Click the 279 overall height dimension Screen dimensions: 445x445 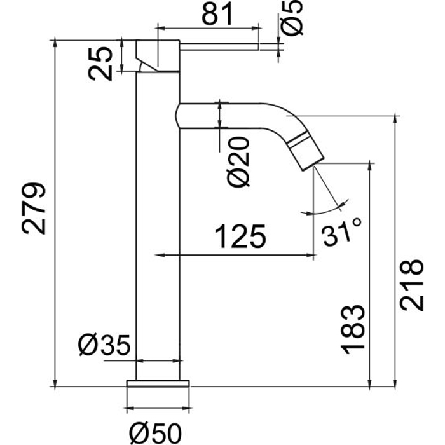34,209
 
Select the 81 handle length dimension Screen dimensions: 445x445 218,13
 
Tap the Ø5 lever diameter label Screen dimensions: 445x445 292,18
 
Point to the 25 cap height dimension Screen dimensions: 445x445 100,64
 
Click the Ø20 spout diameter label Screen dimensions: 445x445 238,161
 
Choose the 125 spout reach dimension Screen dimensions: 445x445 240,236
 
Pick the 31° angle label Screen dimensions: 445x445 341,231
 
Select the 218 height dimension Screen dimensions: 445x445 411,285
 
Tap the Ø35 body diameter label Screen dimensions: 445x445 104,345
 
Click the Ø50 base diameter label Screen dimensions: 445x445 155,434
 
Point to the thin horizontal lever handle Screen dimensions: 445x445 219,47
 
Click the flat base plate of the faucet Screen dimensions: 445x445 158,383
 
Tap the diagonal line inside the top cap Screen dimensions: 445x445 147,65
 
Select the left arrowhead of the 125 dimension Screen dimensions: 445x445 160,255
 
